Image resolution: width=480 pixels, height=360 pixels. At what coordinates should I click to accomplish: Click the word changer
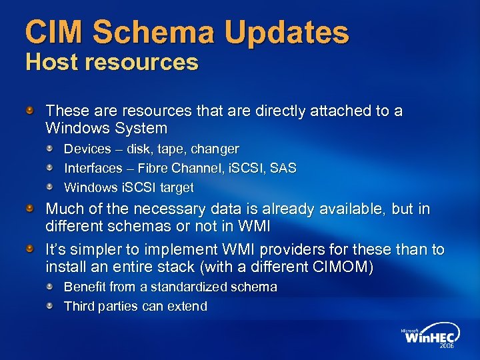[214, 149]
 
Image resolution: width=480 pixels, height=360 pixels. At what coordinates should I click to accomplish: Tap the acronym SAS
[283, 168]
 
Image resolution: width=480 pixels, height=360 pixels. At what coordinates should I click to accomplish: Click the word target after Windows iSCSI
[175, 187]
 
